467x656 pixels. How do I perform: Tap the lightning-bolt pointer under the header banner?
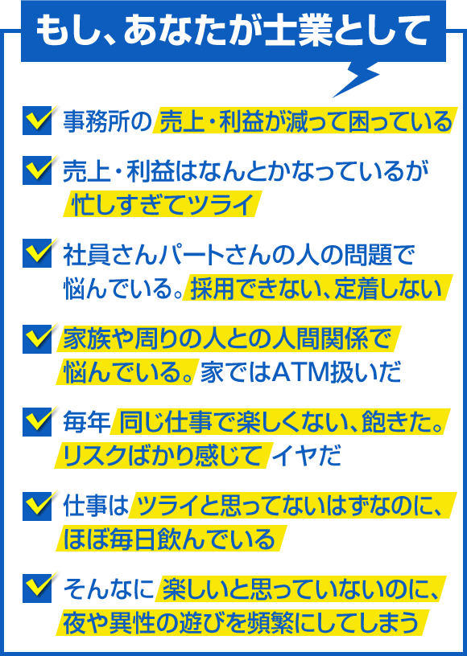356,80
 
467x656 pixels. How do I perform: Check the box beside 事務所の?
38,121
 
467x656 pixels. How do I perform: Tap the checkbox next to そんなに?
38,588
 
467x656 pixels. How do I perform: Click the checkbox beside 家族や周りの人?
38,338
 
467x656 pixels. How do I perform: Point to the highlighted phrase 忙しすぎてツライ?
163,204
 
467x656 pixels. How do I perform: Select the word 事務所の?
107,121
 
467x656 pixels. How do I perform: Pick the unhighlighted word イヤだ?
306,456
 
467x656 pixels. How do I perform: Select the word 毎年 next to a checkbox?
86,423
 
